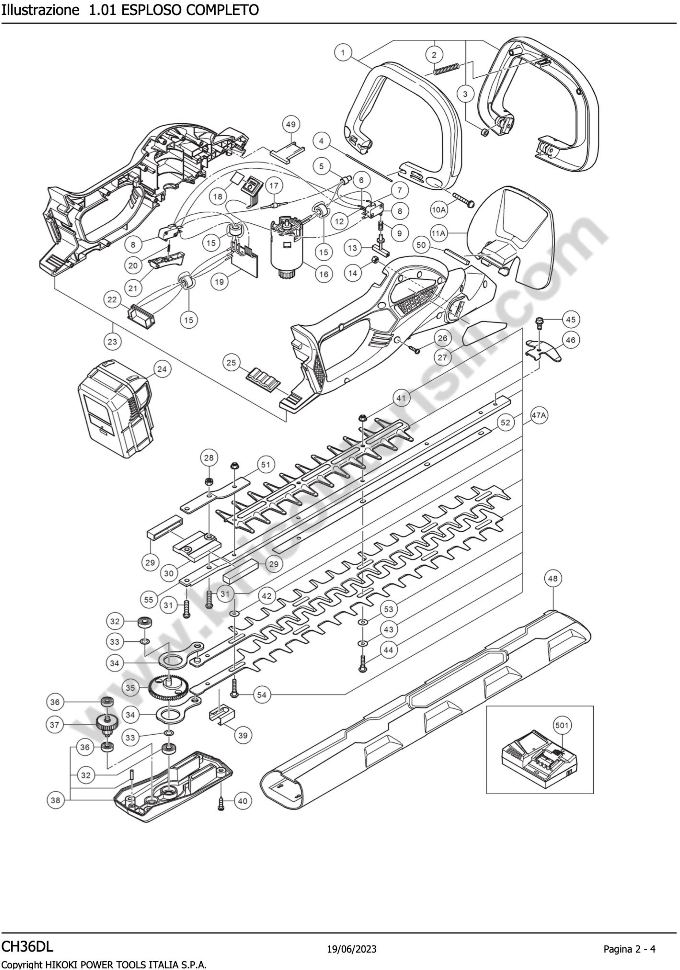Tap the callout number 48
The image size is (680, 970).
click(553, 579)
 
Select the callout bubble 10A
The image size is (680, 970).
click(439, 210)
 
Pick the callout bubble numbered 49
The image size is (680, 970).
click(291, 125)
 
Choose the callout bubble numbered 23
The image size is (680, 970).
click(112, 341)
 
